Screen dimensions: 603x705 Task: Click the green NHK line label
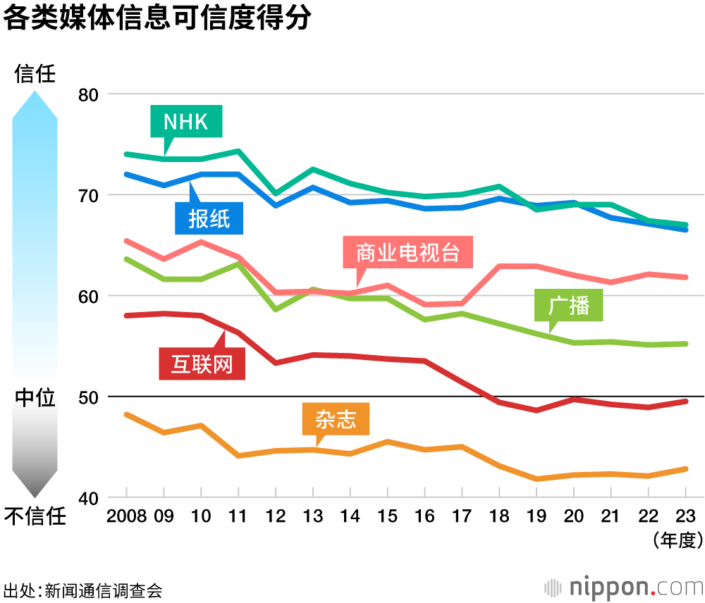click(x=186, y=122)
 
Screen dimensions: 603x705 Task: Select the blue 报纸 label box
click(x=209, y=219)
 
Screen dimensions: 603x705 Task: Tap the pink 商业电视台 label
click(x=407, y=252)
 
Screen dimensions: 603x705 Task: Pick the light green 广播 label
click(x=569, y=306)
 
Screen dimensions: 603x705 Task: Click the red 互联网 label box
click(x=202, y=365)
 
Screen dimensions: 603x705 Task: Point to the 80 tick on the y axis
click(x=90, y=94)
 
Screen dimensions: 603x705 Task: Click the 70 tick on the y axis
click(x=90, y=195)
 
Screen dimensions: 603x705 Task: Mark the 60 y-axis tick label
click(x=90, y=296)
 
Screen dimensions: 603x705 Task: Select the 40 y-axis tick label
click(x=90, y=498)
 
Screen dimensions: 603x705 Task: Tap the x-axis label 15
click(x=387, y=516)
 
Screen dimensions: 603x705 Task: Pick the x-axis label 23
click(x=686, y=516)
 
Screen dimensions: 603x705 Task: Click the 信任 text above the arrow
click(x=35, y=74)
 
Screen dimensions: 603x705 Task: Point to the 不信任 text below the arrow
click(x=35, y=517)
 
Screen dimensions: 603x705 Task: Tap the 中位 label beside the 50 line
click(x=35, y=398)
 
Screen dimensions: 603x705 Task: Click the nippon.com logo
click(x=624, y=586)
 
